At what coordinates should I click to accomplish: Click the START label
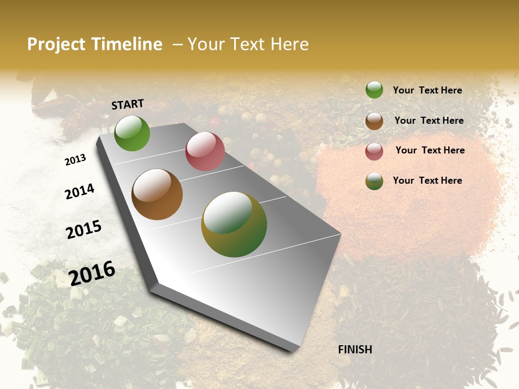click(128, 104)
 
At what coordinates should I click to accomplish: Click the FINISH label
click(355, 350)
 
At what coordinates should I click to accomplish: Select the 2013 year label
click(75, 160)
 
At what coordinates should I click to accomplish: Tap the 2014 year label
click(79, 191)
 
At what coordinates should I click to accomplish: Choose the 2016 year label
click(92, 273)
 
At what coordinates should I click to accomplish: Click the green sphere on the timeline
click(132, 133)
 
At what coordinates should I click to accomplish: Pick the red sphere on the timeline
click(205, 151)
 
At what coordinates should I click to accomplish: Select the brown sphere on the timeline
click(157, 194)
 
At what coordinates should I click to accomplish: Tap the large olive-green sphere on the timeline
click(234, 224)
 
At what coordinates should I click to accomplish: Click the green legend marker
click(374, 90)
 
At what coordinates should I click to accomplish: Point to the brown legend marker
click(374, 121)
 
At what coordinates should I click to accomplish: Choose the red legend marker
click(374, 151)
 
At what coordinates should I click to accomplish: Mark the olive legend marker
click(374, 181)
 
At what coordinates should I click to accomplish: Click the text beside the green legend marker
click(427, 90)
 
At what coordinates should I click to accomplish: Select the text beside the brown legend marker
click(429, 120)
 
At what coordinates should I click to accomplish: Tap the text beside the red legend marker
click(430, 150)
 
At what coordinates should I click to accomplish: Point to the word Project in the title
click(56, 44)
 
